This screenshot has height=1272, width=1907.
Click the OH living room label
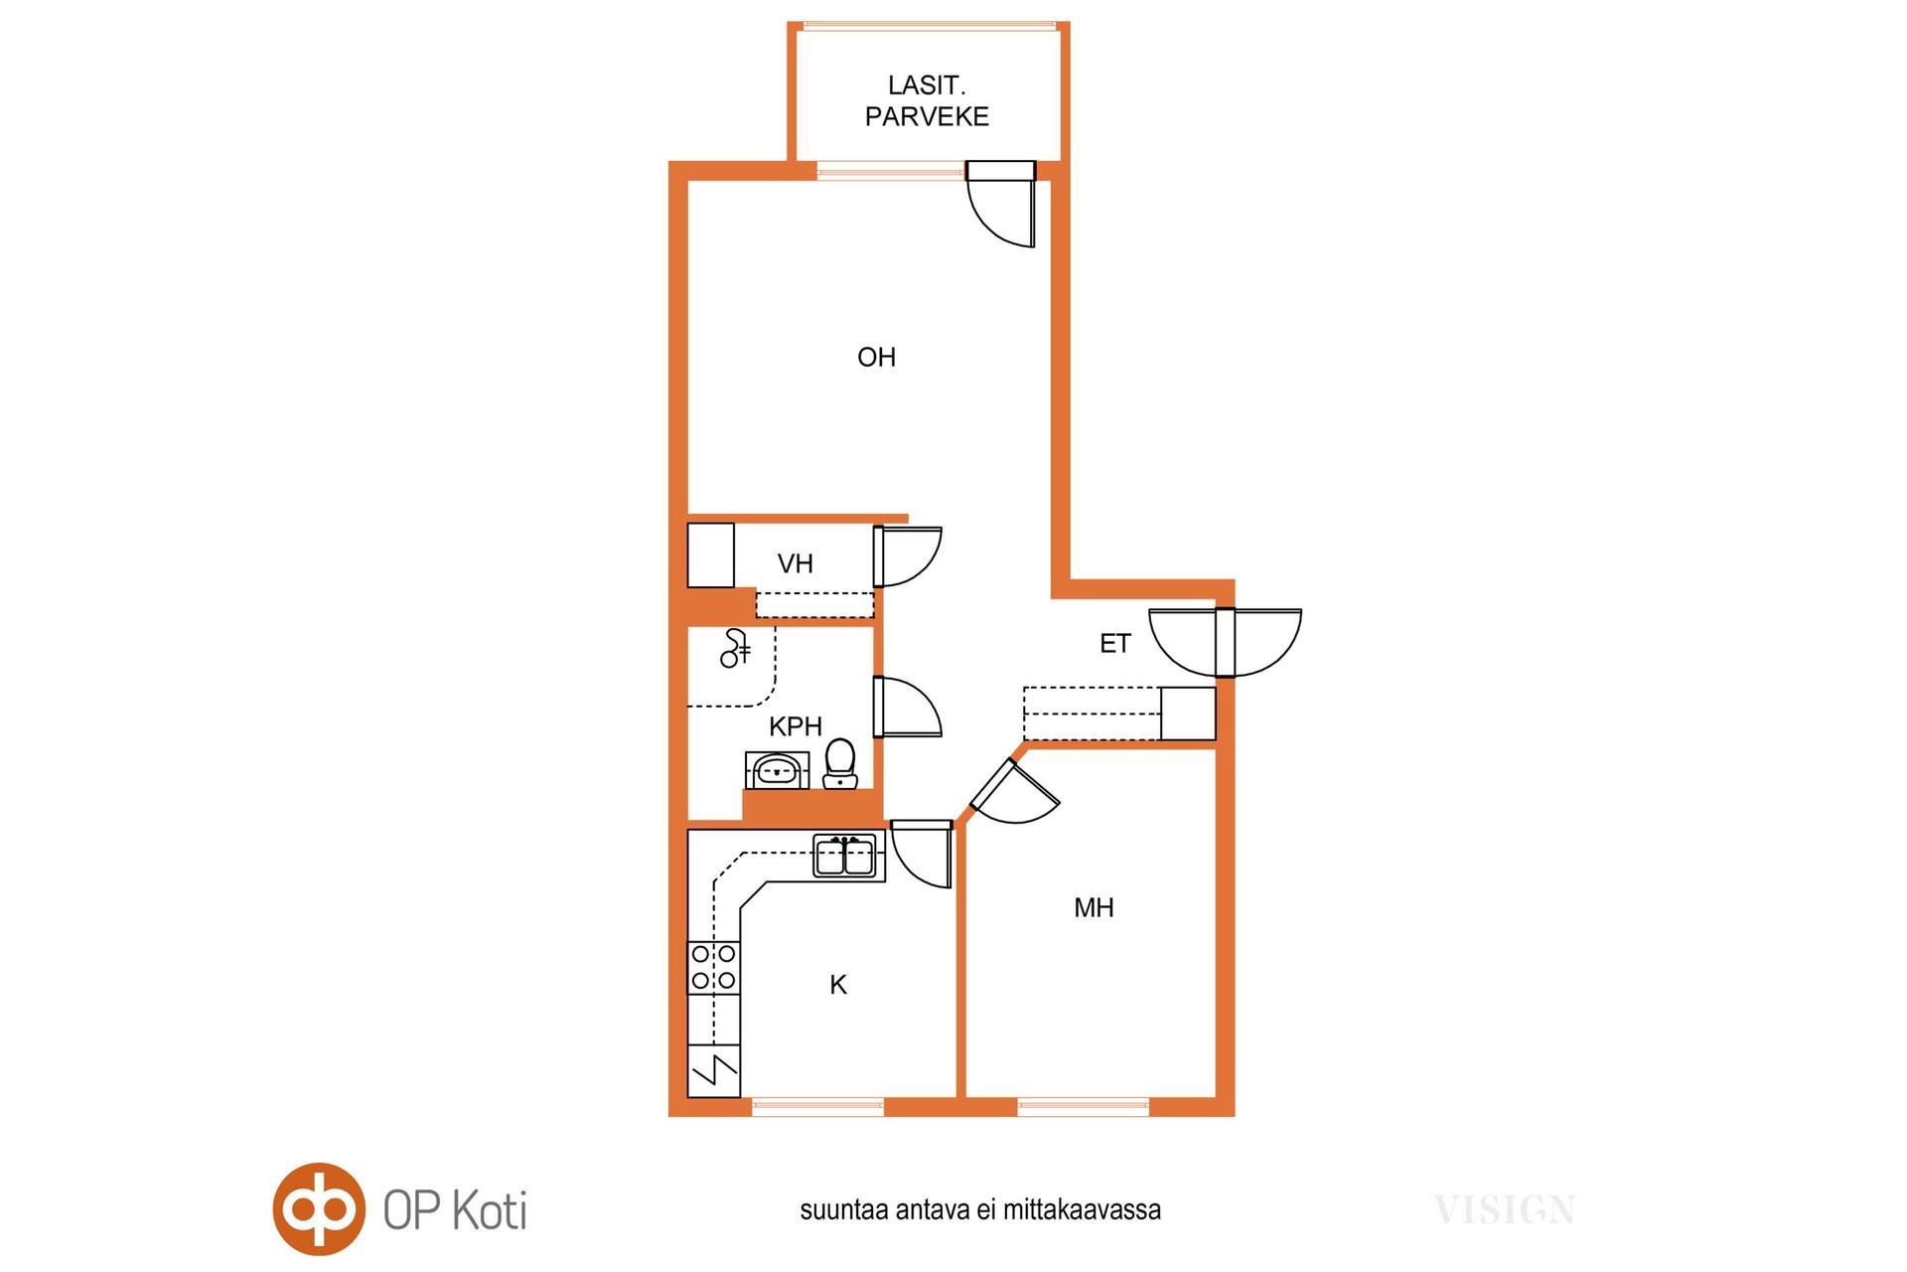click(x=876, y=357)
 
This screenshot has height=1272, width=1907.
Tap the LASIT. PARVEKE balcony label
click(x=927, y=101)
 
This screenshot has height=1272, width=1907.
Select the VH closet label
click(x=796, y=563)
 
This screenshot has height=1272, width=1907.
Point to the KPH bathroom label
click(x=796, y=726)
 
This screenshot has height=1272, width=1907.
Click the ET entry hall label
click(x=1114, y=644)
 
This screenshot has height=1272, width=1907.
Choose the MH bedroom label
click(x=1094, y=907)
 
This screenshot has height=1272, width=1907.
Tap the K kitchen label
click(x=838, y=985)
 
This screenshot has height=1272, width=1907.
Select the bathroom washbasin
click(x=777, y=770)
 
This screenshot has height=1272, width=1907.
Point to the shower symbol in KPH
click(x=735, y=649)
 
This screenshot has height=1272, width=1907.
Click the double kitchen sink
click(x=844, y=856)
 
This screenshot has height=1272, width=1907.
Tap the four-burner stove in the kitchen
click(x=713, y=967)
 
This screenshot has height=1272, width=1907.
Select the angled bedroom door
click(x=1014, y=792)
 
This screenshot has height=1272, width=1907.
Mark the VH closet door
click(x=907, y=556)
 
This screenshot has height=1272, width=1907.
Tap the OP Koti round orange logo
click(x=319, y=1209)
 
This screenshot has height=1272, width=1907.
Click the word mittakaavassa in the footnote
click(x=1082, y=1209)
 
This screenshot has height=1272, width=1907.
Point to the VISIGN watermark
click(x=1505, y=1210)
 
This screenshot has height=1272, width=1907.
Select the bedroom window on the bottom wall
click(x=1083, y=1107)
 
